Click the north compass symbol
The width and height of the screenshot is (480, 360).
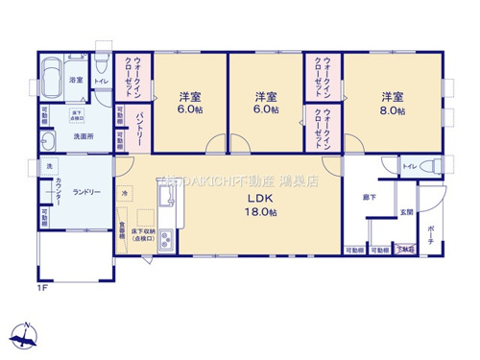[27, 335]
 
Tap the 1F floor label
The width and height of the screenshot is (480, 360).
[41, 287]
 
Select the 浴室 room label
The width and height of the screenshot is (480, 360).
[76, 82]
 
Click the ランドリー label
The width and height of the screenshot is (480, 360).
[86, 192]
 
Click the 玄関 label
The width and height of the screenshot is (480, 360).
[406, 212]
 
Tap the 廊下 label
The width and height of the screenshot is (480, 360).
[369, 198]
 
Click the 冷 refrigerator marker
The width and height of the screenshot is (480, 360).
[125, 194]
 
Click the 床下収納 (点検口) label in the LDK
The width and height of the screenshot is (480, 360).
[146, 234]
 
